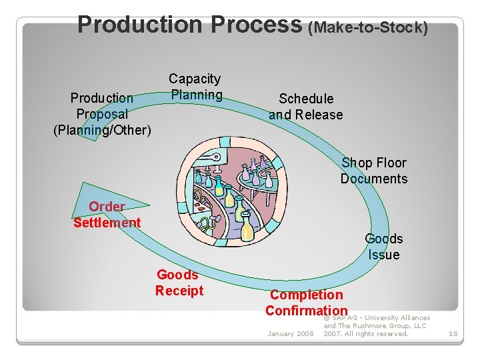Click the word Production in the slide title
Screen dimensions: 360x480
tap(141, 25)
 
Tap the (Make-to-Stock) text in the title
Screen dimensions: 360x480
tap(367, 27)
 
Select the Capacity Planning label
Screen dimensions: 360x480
tap(195, 87)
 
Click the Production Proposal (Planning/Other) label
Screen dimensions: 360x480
tap(102, 113)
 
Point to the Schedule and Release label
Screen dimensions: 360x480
tap(306, 107)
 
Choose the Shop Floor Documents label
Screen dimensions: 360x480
tap(373, 171)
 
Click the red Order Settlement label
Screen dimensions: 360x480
tap(107, 215)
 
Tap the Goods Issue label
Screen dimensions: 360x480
tap(384, 247)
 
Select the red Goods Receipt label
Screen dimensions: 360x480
tap(179, 283)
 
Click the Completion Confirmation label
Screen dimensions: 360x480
tap(307, 303)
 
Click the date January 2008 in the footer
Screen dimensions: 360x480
tap(290, 333)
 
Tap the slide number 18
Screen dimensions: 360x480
tap(453, 333)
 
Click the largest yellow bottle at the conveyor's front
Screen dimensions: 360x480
tap(247, 227)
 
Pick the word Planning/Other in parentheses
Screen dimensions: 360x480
tap(102, 129)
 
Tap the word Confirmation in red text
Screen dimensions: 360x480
tap(307, 311)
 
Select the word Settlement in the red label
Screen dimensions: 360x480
tap(107, 223)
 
